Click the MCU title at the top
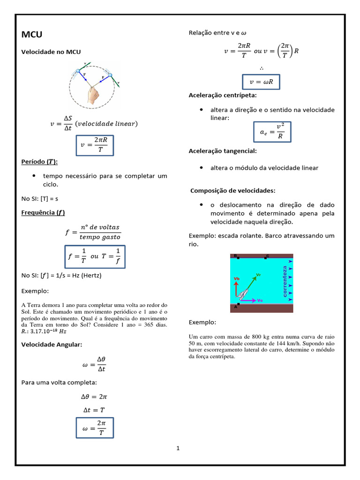[32, 35]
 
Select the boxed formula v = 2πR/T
[95, 145]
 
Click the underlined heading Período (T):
[40, 162]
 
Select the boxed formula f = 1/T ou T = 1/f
[94, 256]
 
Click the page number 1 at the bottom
[178, 449]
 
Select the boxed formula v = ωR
[261, 82]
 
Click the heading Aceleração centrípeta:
[222, 95]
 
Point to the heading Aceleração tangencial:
[222, 150]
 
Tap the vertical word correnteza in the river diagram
[285, 281]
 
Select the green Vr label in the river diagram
[258, 275]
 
